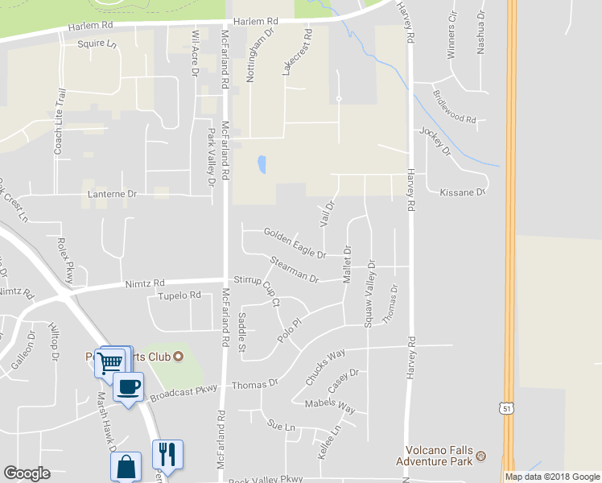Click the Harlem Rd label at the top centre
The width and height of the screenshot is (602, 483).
click(255, 22)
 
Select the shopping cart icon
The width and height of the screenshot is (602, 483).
click(109, 361)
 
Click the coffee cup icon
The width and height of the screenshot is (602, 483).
click(129, 387)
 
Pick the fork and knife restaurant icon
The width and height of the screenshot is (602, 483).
click(167, 454)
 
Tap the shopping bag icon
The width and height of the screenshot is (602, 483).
click(126, 467)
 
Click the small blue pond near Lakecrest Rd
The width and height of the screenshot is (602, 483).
click(262, 165)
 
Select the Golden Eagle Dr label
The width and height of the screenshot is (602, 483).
click(295, 244)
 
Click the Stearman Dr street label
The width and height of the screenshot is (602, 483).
click(295, 270)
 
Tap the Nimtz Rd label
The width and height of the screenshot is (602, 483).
click(145, 284)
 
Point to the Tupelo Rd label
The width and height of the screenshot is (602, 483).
click(179, 296)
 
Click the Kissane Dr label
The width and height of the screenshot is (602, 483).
click(463, 192)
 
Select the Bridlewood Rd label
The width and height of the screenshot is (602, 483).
click(455, 112)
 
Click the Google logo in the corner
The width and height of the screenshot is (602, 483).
click(27, 473)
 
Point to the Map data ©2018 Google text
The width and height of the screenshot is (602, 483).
click(552, 477)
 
